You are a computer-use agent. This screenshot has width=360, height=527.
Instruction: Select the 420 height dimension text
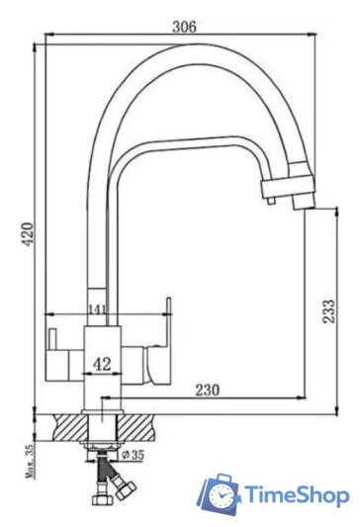pos(28,234)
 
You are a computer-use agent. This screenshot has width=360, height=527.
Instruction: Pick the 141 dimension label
pos(96,309)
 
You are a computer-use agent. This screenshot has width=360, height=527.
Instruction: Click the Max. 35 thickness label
pos(27,460)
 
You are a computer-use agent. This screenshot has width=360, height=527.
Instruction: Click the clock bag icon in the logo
pos(220,494)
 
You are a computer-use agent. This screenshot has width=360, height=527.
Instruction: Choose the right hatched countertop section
pos(138,426)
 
